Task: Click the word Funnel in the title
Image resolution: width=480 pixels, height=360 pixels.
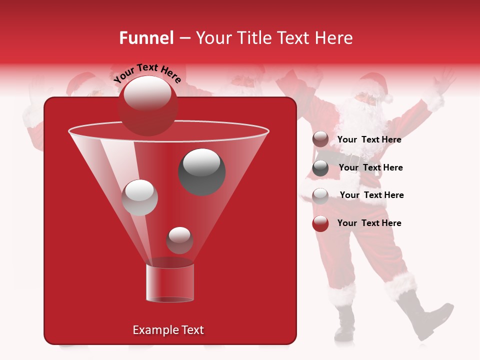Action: pyautogui.click(x=146, y=38)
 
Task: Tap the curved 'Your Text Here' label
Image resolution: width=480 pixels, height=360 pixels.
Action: pyautogui.click(x=147, y=73)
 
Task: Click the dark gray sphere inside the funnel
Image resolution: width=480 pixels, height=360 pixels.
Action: pyautogui.click(x=202, y=171)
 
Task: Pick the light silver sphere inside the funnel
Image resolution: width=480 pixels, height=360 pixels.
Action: pyautogui.click(x=140, y=197)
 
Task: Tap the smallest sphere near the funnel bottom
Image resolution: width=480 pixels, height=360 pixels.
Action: pyautogui.click(x=179, y=240)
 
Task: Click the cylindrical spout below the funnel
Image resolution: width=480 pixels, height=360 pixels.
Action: pyautogui.click(x=170, y=282)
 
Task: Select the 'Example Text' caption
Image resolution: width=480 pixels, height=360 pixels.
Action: pyautogui.click(x=168, y=330)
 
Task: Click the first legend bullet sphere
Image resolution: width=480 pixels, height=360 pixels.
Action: pyautogui.click(x=320, y=139)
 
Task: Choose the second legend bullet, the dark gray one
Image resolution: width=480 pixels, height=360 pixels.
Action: pyautogui.click(x=320, y=168)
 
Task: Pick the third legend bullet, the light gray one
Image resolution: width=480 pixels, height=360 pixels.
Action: pyautogui.click(x=320, y=195)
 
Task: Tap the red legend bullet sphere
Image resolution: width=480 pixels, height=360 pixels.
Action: pyautogui.click(x=320, y=223)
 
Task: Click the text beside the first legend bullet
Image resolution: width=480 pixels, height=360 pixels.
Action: pyautogui.click(x=369, y=140)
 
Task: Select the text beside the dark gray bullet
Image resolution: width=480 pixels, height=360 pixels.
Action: pyautogui.click(x=370, y=168)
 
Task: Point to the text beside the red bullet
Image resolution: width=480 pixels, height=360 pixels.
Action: pyautogui.click(x=369, y=223)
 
